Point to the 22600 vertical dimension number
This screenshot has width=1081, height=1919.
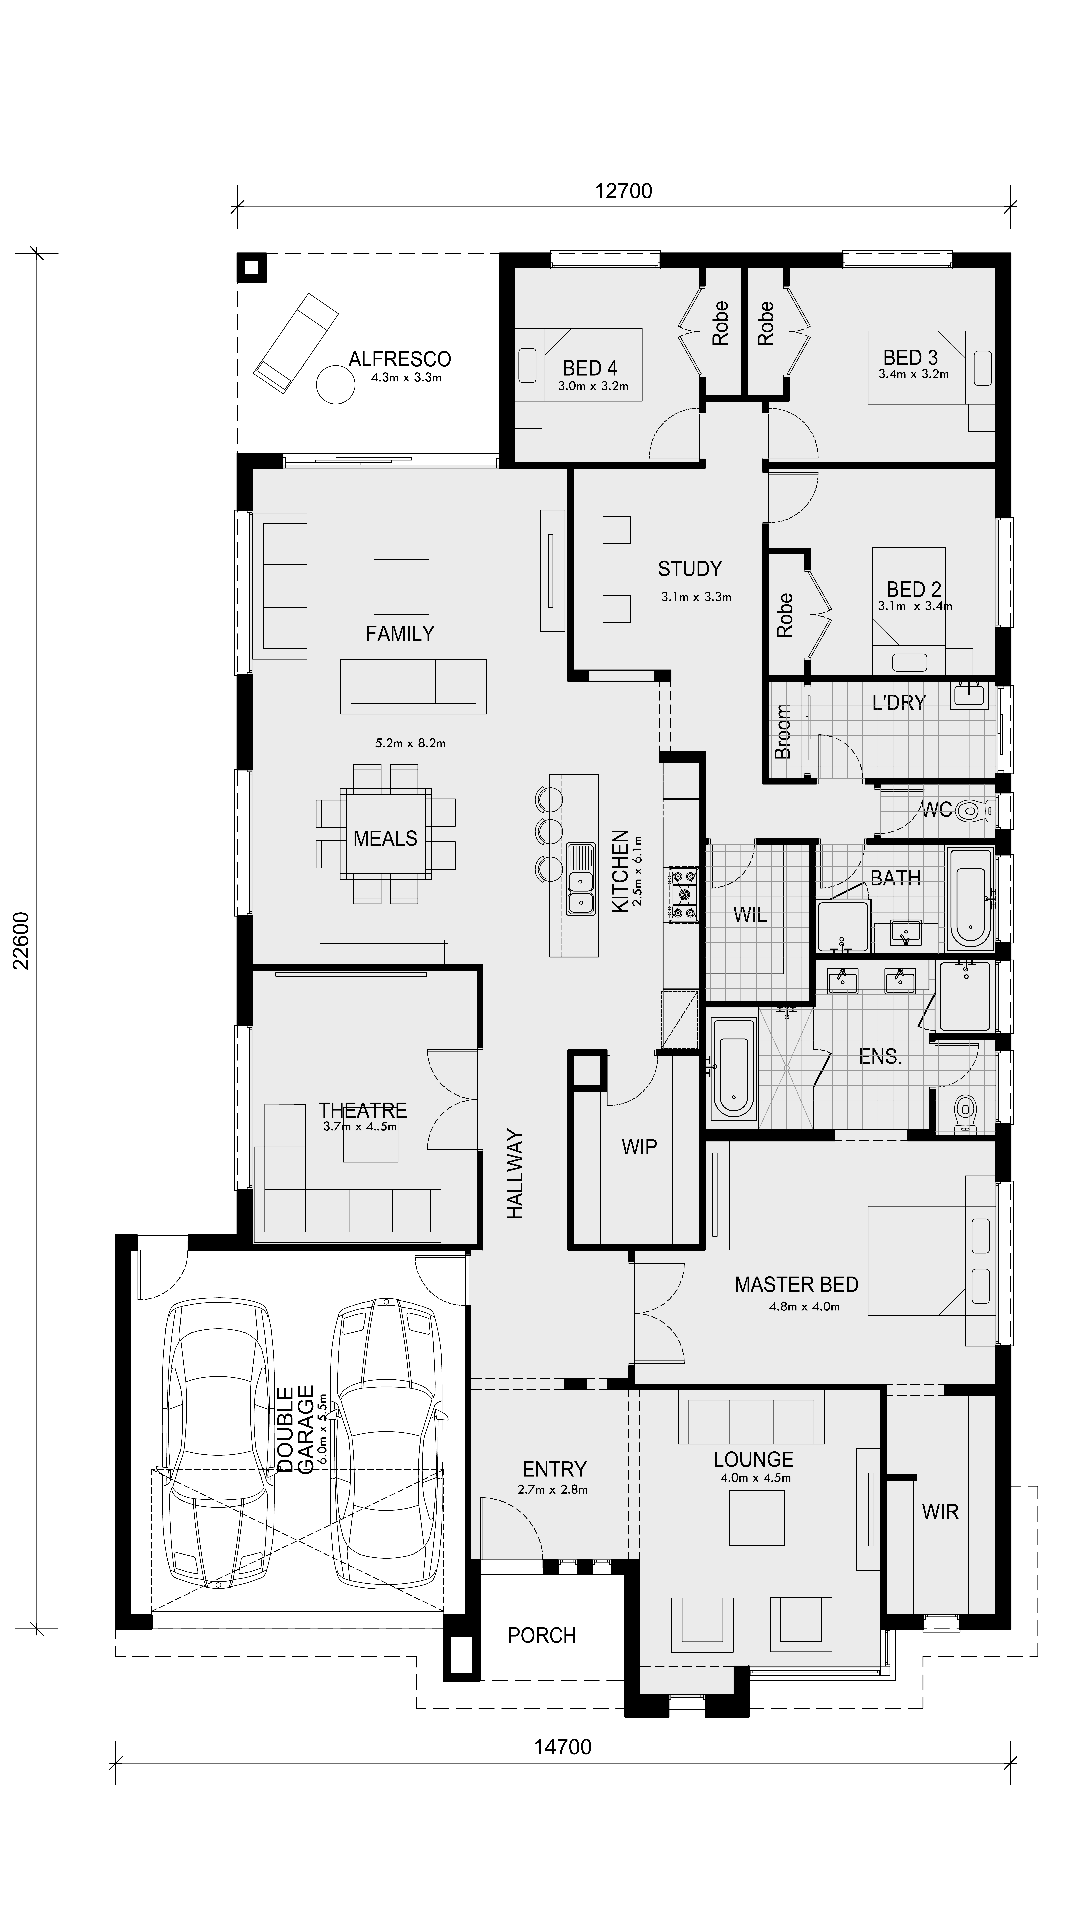pos(22,941)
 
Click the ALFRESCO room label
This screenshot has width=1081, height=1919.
pos(400,359)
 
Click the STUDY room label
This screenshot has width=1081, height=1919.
pos(690,569)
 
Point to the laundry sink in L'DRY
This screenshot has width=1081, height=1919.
pos(968,694)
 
